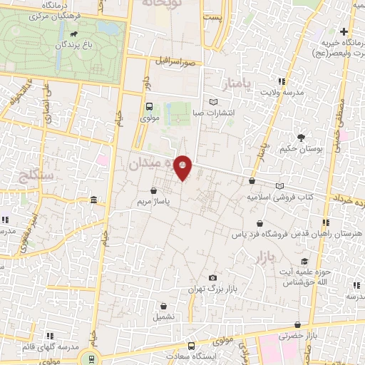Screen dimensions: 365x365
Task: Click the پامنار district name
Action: tap(238, 85)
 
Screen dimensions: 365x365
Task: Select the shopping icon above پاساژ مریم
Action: tap(155, 190)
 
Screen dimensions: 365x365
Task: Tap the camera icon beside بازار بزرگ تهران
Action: tap(212, 277)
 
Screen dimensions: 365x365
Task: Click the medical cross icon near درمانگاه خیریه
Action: tap(344, 31)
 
